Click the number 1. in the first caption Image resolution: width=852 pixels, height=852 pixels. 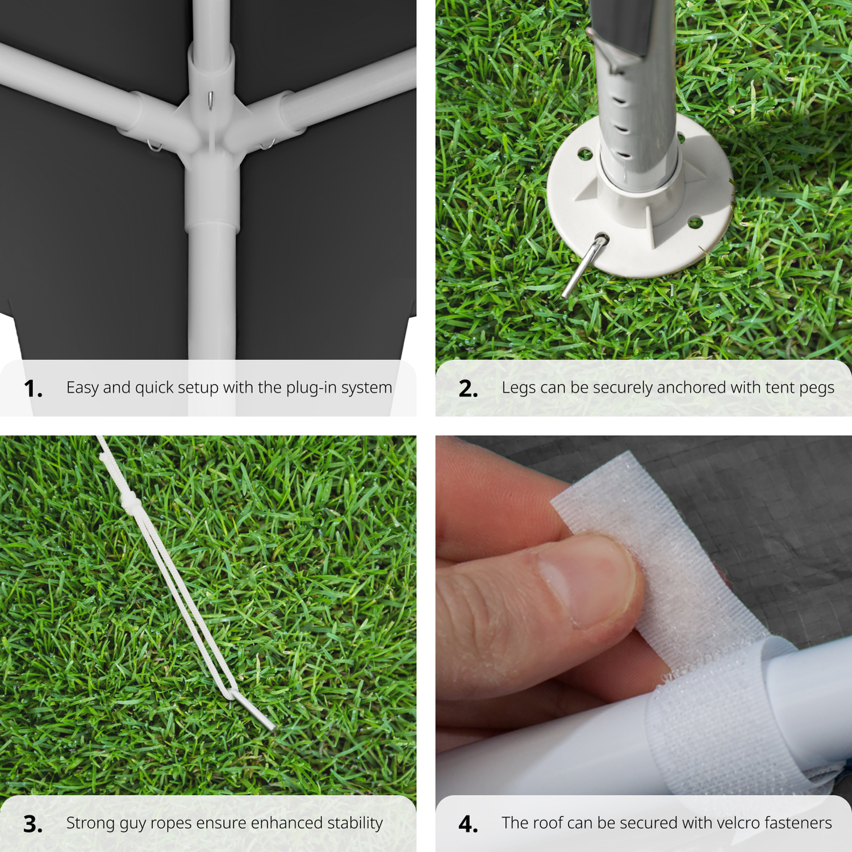[x=33, y=389]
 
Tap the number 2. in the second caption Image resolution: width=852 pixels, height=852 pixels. [x=469, y=389]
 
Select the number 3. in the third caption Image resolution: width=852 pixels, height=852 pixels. [x=33, y=824]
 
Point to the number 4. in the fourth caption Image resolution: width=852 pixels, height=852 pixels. [x=469, y=824]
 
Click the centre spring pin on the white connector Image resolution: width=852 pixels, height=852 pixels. [x=210, y=101]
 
